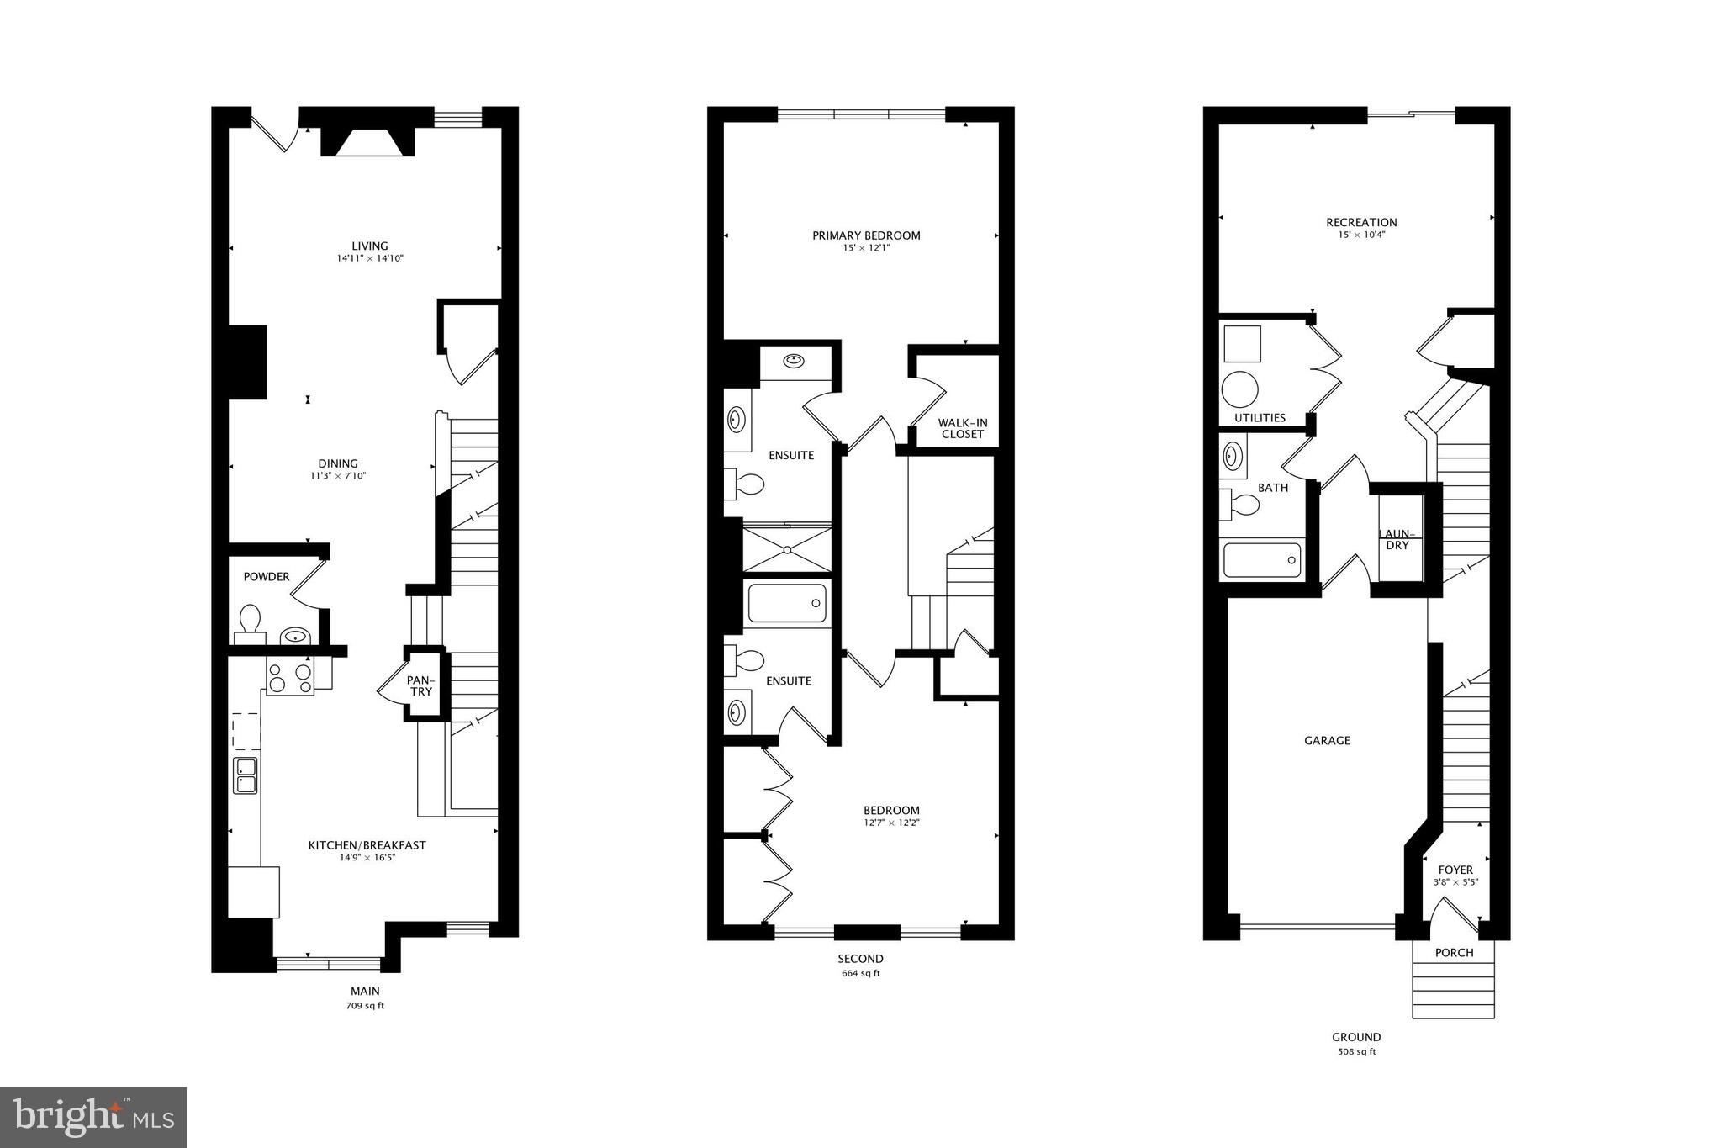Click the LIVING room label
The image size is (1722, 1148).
[370, 246]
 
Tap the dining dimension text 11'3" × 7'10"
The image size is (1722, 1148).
[338, 476]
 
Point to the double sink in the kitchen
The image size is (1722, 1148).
[246, 775]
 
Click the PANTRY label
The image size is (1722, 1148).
[420, 685]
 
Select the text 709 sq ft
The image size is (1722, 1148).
[366, 1006]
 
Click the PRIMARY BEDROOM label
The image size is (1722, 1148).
[866, 235]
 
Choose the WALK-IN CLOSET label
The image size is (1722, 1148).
[963, 429]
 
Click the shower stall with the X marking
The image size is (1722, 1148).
[787, 549]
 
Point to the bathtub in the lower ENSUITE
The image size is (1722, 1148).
[787, 603]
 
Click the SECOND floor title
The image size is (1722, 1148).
[860, 959]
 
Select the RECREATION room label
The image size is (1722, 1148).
[1361, 222]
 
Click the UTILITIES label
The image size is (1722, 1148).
[1260, 417]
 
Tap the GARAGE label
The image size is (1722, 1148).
[1327, 740]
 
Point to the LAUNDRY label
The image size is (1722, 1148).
[1397, 539]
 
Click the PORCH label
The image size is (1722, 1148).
[1454, 953]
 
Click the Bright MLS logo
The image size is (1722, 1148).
[93, 1117]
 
